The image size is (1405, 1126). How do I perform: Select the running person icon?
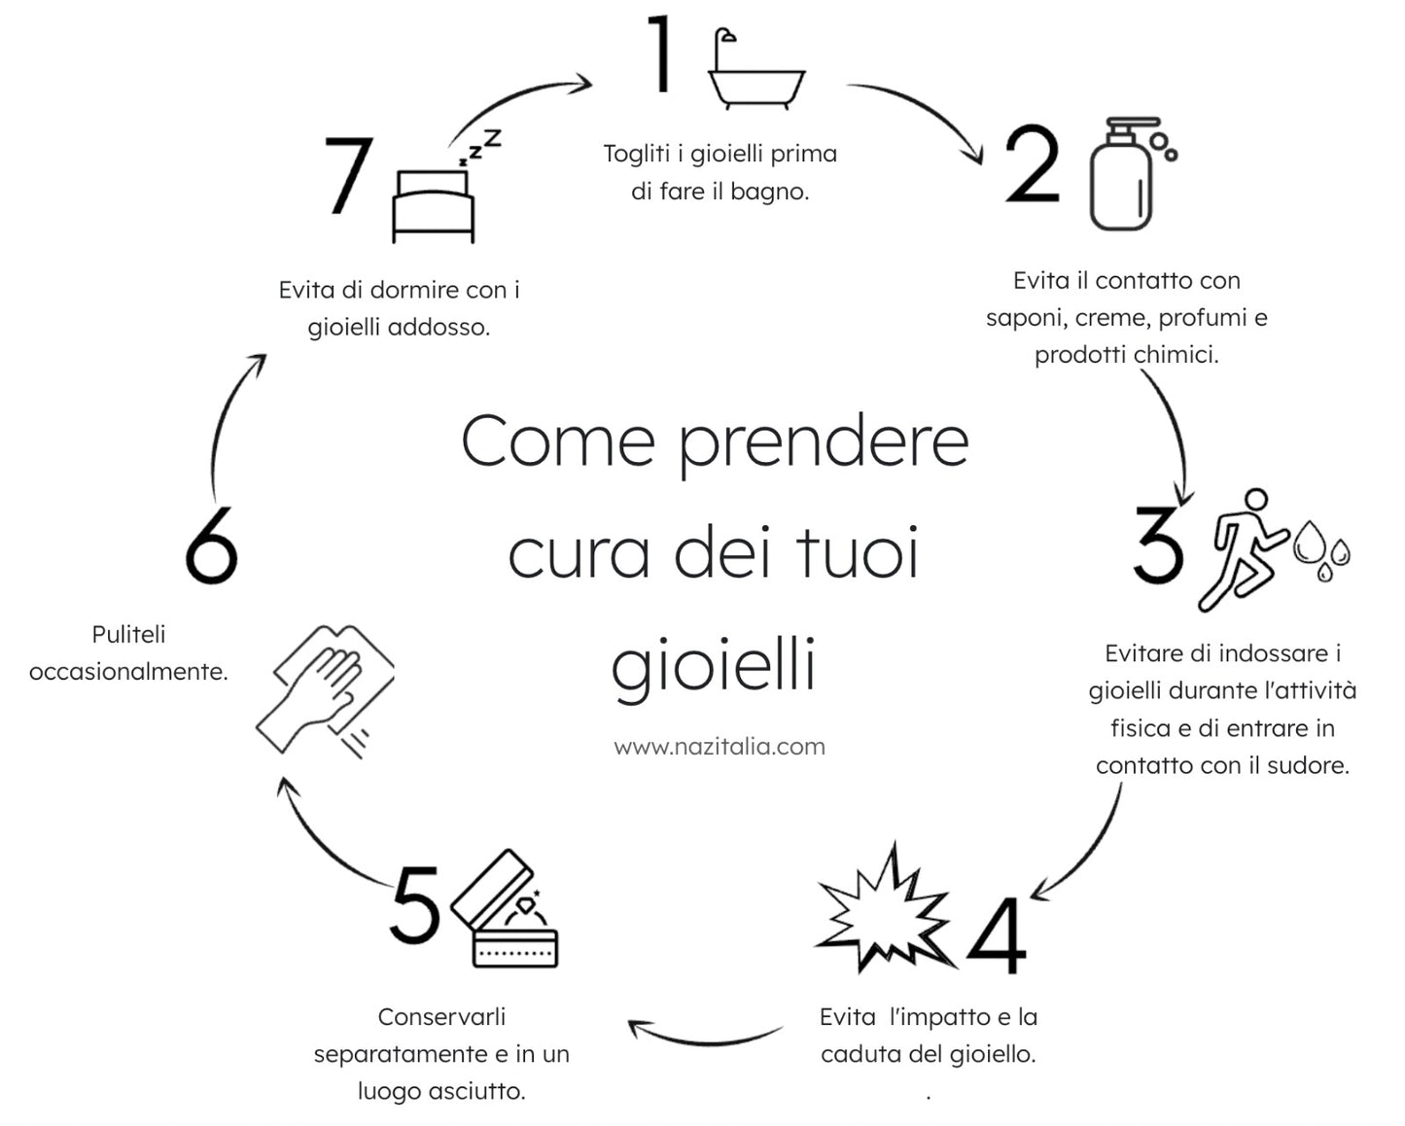coord(1245,550)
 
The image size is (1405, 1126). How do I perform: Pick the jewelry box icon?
coord(508,914)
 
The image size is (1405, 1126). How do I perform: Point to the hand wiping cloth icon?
coord(326,688)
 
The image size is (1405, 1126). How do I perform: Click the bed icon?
coord(434,206)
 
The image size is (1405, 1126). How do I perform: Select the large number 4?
coord(998,935)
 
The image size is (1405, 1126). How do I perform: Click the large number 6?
coord(211,545)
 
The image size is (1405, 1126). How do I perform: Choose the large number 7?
coord(348,175)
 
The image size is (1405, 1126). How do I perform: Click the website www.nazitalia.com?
coord(720,747)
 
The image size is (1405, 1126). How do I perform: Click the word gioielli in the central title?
coord(713,666)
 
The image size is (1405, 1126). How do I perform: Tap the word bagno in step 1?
coord(769,192)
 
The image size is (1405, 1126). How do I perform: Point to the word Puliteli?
coord(128,634)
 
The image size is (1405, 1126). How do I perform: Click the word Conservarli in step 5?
coord(441,1016)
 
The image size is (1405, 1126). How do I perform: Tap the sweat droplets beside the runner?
coord(1322,549)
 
